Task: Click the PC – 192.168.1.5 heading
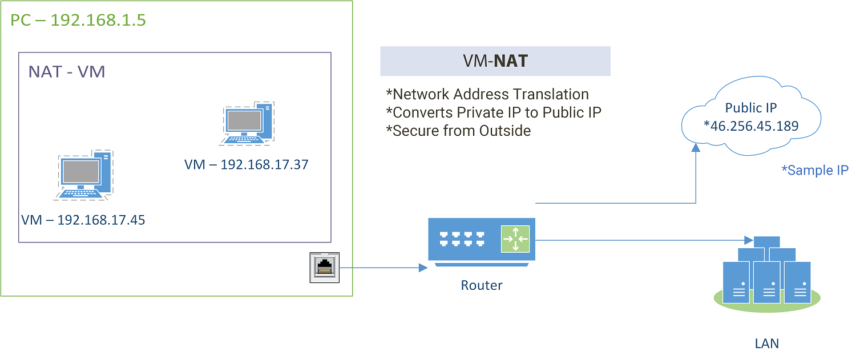78,21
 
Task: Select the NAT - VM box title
67,72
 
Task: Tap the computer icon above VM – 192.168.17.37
248,123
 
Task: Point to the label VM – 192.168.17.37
246,165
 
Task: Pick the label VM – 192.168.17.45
83,220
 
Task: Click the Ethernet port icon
325,267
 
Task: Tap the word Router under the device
482,285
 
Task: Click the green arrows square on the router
515,238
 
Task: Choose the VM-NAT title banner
495,62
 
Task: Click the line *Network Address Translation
487,94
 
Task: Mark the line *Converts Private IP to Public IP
494,112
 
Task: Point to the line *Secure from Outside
458,131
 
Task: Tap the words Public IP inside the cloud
751,108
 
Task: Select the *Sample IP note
814,171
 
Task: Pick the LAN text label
766,343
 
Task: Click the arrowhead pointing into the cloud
696,148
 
